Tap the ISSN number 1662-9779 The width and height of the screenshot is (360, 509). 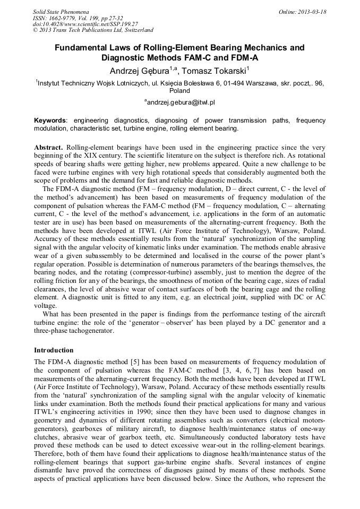point(65,18)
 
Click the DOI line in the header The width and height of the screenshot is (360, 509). point(85,24)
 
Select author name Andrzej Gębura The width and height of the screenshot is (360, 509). point(140,71)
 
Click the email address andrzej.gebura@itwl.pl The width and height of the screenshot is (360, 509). point(181,102)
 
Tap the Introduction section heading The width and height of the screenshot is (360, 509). point(54,350)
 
